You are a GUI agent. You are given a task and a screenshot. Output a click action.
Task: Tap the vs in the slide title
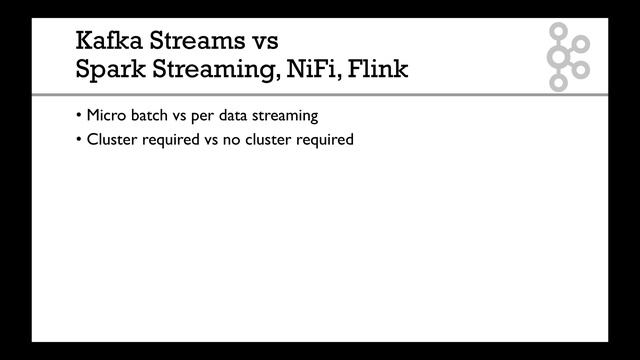pos(263,42)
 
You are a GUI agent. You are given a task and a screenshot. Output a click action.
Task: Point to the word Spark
pos(110,71)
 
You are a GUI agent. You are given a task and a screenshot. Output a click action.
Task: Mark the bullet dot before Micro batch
pos(79,116)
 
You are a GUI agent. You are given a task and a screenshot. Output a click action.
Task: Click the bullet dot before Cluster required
pos(79,140)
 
